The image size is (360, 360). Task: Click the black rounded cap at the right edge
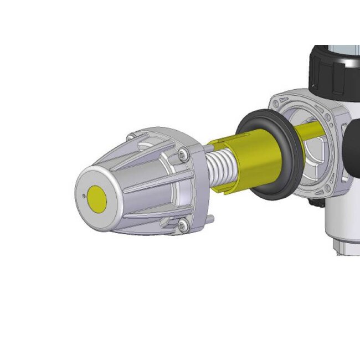pos(352,150)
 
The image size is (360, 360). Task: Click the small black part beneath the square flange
pos(317,204)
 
